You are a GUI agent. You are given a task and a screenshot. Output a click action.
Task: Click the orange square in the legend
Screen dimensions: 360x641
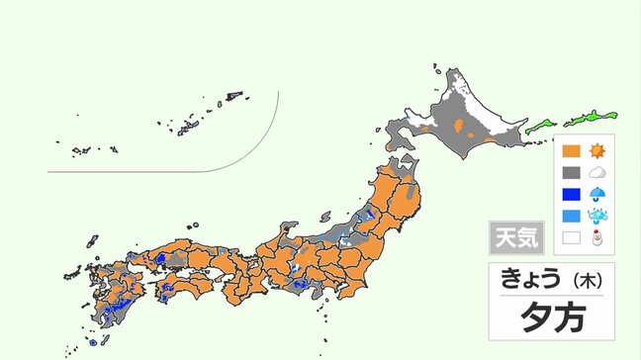570,151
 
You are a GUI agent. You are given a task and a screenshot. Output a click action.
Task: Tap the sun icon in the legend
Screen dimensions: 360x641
596,151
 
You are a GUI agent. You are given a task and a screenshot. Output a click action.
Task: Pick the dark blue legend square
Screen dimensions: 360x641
570,195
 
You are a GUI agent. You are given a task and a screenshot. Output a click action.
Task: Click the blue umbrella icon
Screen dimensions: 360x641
596,195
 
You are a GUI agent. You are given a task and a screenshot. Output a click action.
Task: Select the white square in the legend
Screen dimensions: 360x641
570,238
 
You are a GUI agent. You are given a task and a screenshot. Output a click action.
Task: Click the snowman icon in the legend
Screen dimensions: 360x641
596,238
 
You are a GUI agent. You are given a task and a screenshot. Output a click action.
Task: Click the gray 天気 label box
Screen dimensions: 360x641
515,238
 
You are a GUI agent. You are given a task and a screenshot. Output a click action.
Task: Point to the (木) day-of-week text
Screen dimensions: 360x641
584,280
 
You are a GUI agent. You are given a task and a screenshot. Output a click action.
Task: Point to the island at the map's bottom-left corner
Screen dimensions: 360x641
92,343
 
